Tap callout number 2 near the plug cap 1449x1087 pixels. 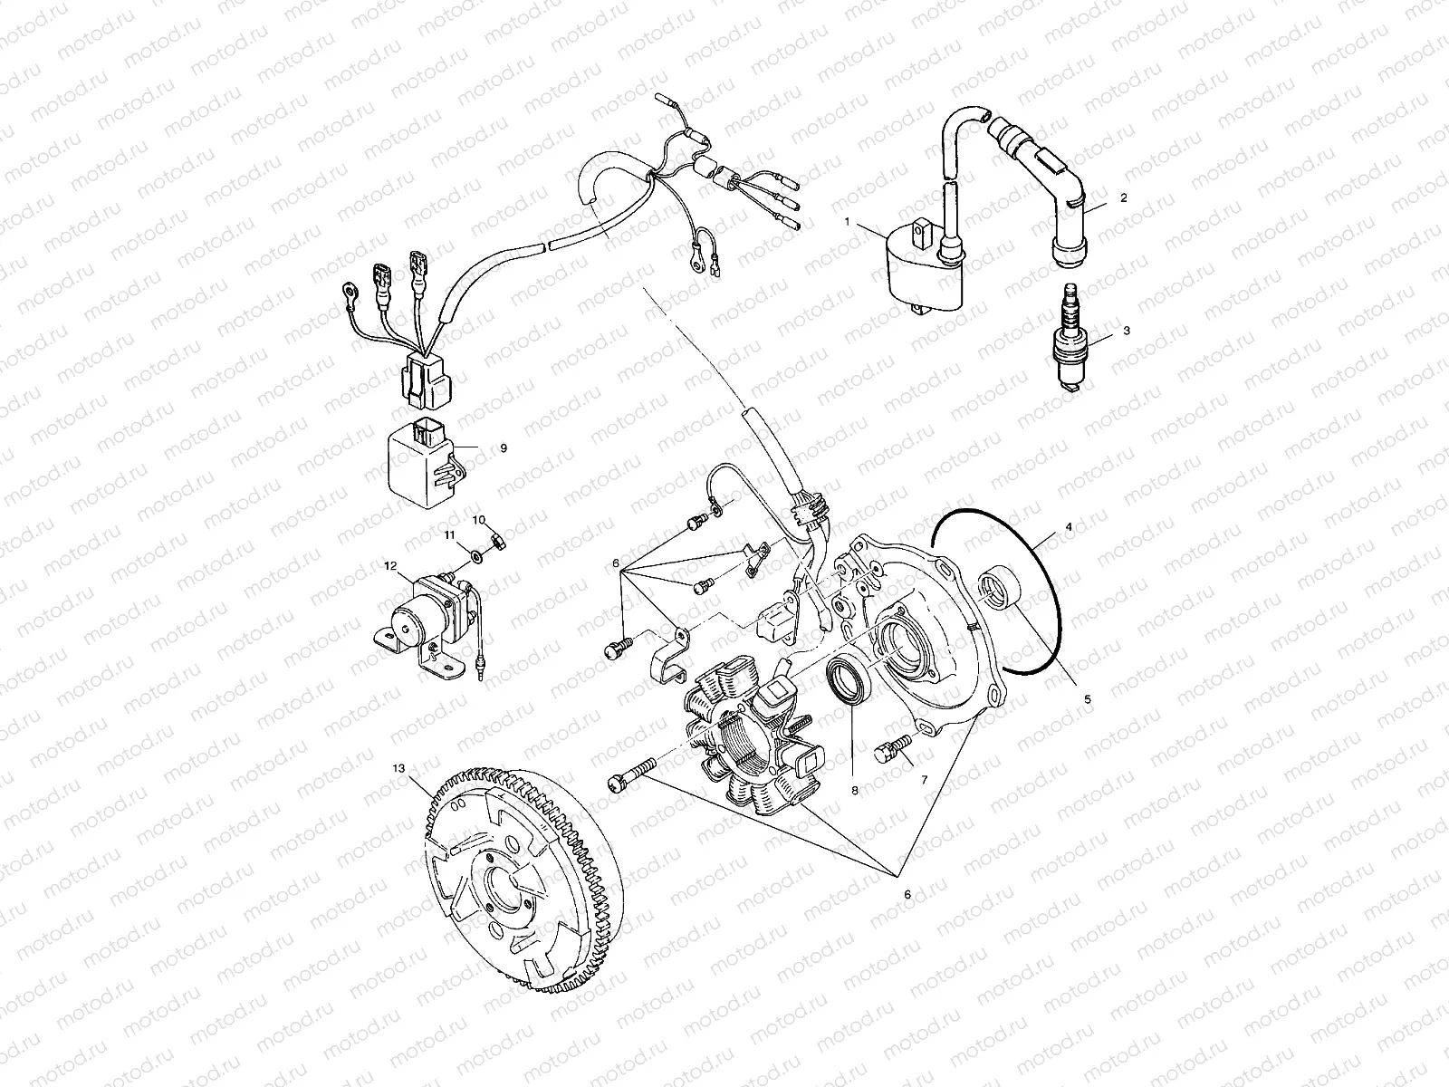coord(1124,197)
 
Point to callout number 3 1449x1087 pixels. coord(1126,331)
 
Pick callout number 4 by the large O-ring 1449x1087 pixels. coord(1069,525)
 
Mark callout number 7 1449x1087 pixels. coord(925,778)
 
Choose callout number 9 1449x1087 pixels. coord(503,447)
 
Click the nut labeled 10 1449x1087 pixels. coord(498,541)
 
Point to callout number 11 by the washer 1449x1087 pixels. coord(448,536)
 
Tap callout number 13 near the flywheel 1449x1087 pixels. coord(398,767)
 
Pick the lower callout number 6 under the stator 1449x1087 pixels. coord(907,894)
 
